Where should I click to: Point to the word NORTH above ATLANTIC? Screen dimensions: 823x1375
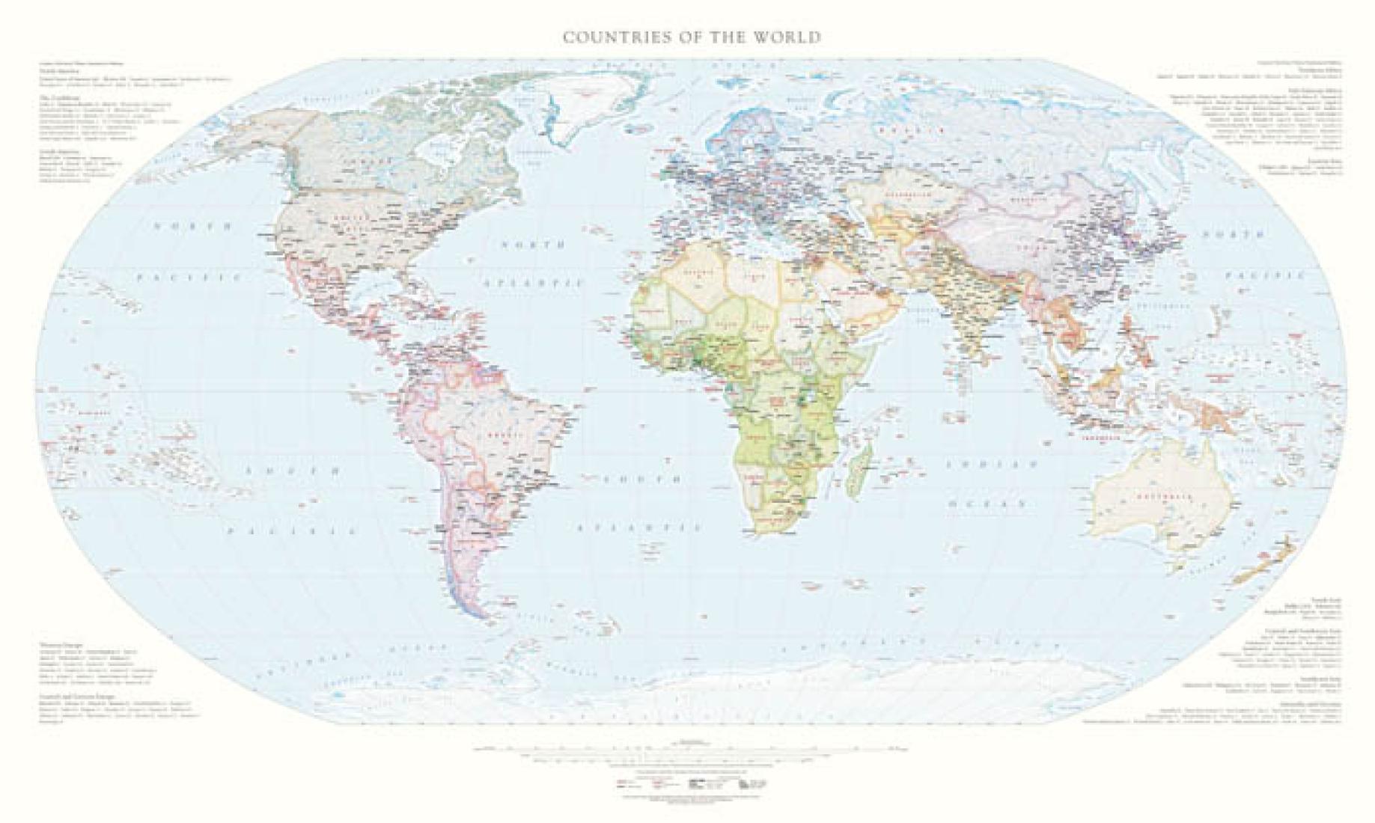click(x=533, y=245)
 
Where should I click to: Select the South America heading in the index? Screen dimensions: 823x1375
click(x=56, y=150)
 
